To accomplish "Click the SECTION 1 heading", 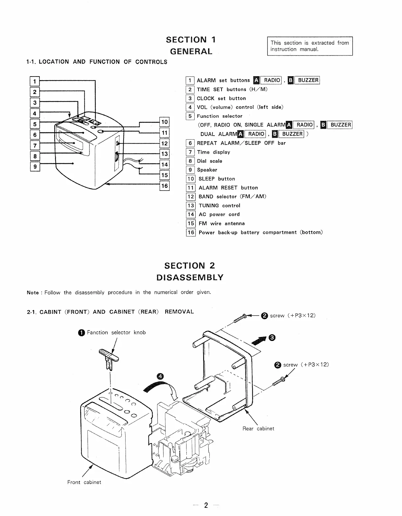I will tap(191, 40).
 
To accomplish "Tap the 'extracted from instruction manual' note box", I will tap(310, 46).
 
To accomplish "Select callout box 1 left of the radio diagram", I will tap(35, 81).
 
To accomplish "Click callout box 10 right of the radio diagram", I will tap(164, 122).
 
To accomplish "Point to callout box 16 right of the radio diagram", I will tap(164, 186).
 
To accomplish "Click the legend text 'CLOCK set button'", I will tap(221, 98).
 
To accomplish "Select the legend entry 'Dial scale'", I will tap(209, 161).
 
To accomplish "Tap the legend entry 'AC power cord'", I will tap(219, 214).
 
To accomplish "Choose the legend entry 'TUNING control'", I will tap(219, 206).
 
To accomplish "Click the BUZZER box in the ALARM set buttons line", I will tap(308, 80).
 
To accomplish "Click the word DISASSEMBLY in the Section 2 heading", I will tap(190, 278).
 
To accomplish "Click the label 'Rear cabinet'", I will tap(258, 429).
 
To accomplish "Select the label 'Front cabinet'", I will tap(84, 482).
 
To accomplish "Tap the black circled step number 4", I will tap(160, 377).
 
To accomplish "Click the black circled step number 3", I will tap(272, 337).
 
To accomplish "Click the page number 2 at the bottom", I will tap(206, 505).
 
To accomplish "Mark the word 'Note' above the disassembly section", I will tap(33, 293).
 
